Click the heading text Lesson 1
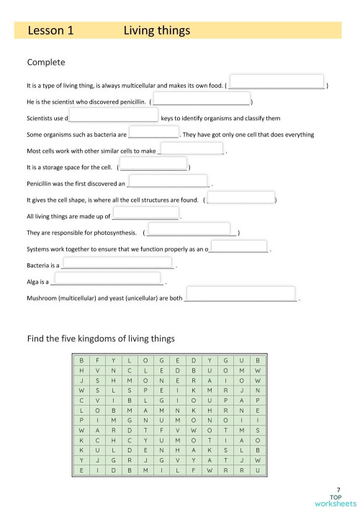coord(50,30)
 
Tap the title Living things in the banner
coord(156,30)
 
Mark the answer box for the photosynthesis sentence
coord(191,232)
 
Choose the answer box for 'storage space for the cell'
coord(153,167)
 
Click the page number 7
coord(338,489)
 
